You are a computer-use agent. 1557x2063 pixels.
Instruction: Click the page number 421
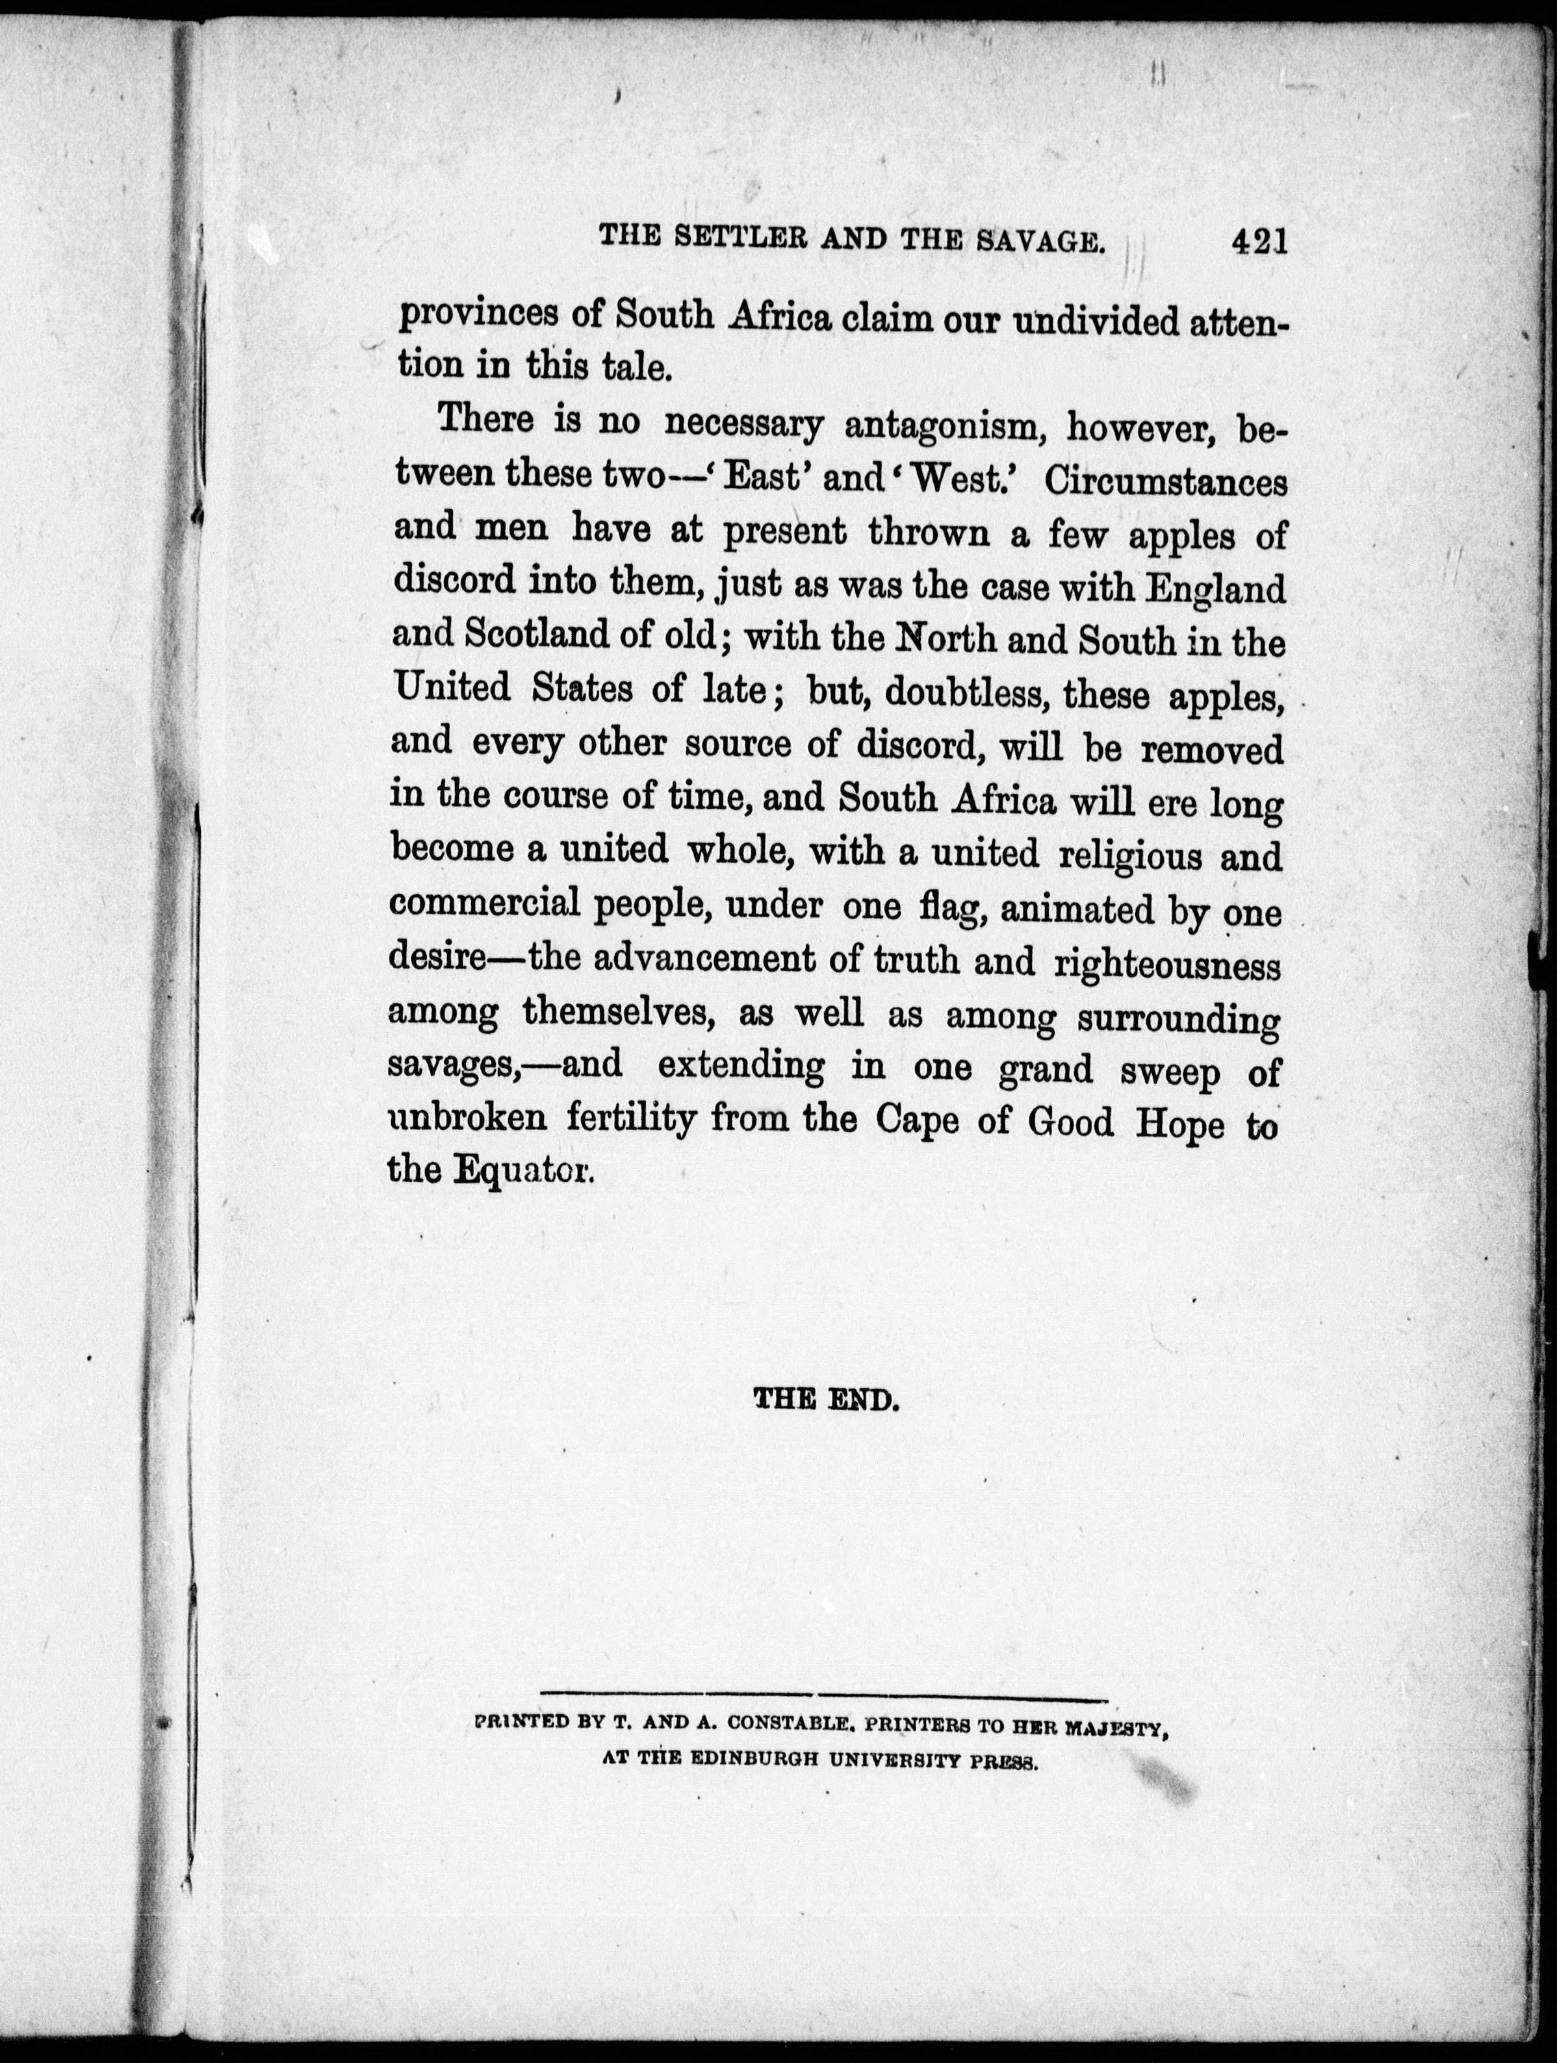point(1259,242)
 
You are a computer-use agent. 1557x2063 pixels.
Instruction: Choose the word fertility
point(623,1119)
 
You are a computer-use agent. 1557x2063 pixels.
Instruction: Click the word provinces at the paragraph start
point(477,317)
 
